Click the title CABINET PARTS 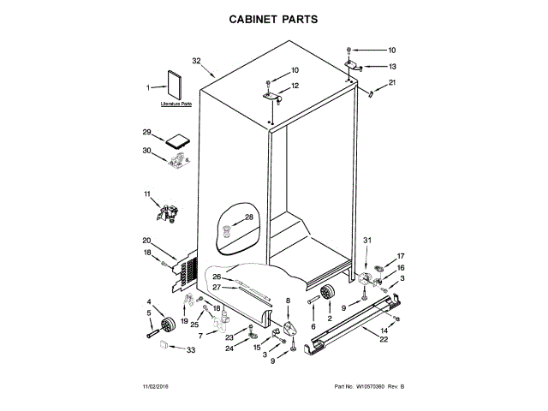tap(274, 17)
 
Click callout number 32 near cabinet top tap(196, 61)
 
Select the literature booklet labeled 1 tap(176, 86)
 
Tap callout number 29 tap(146, 132)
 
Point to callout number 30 tap(146, 152)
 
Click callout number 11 tap(146, 196)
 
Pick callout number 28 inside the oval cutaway tap(249, 217)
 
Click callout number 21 tap(393, 82)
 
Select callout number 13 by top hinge tap(393, 67)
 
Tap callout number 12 tap(295, 86)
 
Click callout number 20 tap(146, 241)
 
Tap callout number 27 tap(217, 287)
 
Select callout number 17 tap(400, 256)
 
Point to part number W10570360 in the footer tap(362, 389)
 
